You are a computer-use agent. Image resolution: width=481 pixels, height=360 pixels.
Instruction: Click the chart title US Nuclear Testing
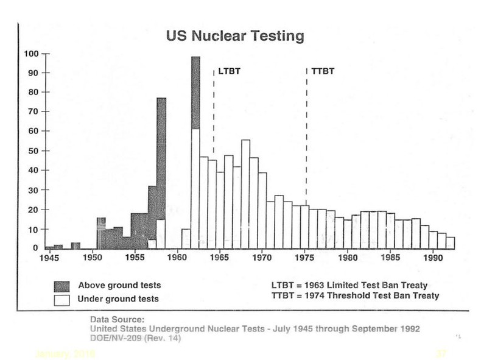tap(235, 37)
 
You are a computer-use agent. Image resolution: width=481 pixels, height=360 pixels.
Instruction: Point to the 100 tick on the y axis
tap(32, 54)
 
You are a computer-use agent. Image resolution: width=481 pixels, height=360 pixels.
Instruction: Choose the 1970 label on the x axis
tap(262, 258)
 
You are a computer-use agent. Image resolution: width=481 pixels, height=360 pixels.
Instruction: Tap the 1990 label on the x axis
tap(432, 258)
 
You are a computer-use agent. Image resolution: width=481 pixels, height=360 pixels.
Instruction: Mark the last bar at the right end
tap(451, 242)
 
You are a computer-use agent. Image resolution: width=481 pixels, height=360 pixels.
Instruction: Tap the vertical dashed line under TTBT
tap(306, 122)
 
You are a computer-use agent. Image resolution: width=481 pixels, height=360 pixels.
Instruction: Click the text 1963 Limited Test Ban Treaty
tap(371, 284)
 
